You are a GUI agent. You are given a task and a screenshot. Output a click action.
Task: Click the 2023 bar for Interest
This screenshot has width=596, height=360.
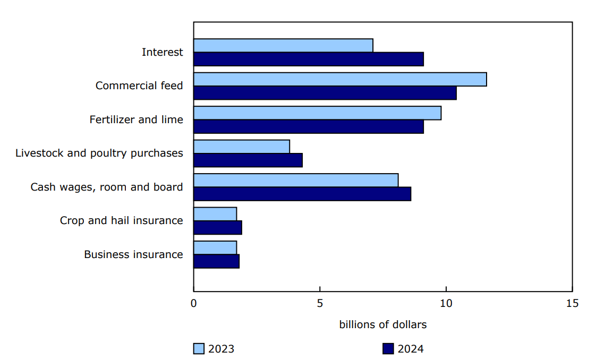[x=283, y=46]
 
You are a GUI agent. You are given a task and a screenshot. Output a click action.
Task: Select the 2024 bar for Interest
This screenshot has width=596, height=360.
[x=308, y=59]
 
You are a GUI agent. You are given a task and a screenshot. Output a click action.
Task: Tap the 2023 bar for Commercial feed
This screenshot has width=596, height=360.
[x=340, y=79]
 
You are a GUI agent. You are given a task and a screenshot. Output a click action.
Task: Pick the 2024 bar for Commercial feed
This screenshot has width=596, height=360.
[x=325, y=93]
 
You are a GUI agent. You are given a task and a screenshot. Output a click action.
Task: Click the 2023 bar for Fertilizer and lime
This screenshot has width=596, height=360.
[x=317, y=113]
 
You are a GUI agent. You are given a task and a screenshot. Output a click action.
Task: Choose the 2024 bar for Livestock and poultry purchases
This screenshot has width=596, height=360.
[x=248, y=160]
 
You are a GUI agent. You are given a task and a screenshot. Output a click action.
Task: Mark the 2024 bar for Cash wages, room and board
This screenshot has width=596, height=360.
[x=302, y=194]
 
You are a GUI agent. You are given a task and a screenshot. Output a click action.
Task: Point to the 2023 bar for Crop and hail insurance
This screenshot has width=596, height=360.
[x=215, y=214]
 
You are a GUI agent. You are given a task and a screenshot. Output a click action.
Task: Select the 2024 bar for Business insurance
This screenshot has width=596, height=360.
[x=216, y=261]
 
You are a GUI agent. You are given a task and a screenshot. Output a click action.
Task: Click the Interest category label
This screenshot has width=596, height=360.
[x=162, y=52]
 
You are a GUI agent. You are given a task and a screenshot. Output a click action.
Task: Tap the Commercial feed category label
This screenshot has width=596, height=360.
[x=139, y=85]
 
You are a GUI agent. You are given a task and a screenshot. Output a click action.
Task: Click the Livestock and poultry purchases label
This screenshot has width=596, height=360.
[x=99, y=153]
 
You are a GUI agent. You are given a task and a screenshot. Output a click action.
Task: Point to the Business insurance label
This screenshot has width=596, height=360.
[x=133, y=254]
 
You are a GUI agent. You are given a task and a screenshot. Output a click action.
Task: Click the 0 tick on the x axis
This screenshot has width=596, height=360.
[x=194, y=303]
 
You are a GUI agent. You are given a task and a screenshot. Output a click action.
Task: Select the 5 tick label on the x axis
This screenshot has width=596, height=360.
[x=320, y=303]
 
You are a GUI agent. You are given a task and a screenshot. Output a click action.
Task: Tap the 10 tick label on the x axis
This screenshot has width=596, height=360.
[x=446, y=303]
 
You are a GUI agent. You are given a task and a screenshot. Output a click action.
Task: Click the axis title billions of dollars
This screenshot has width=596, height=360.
[x=382, y=324]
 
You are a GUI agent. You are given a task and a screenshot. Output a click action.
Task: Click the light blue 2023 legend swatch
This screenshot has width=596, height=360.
[x=199, y=349]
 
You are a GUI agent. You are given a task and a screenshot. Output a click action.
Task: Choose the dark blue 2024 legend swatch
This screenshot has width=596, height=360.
[x=388, y=349]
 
